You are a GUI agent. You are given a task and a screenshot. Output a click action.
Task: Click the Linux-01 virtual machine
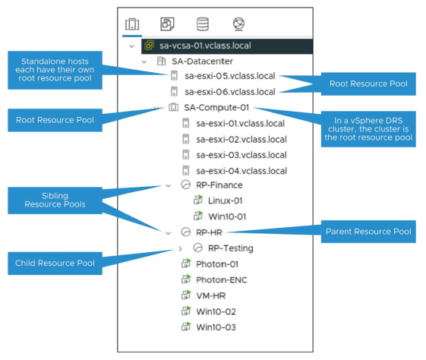(224, 201)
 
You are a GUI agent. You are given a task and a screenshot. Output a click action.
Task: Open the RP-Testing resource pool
(230, 248)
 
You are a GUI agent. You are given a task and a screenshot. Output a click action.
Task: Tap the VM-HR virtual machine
(213, 295)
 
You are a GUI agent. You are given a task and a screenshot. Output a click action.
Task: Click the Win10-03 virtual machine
(217, 327)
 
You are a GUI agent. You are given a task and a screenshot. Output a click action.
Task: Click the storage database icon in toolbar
(203, 24)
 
